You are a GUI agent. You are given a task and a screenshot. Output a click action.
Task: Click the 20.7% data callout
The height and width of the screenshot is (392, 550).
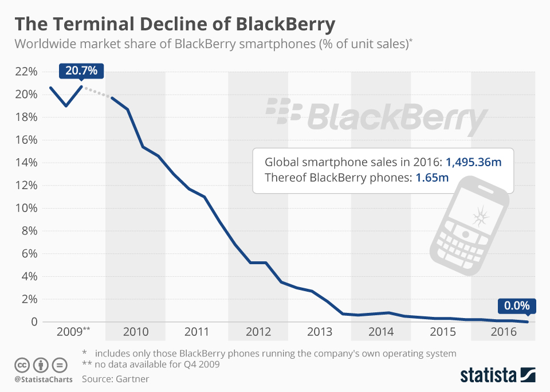(81, 71)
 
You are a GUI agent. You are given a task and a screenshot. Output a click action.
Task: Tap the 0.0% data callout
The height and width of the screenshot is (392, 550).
(517, 305)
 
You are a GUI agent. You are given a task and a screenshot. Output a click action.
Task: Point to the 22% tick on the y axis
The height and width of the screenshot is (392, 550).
(25, 72)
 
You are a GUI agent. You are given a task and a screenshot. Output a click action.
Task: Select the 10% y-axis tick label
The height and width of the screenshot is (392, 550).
(25, 208)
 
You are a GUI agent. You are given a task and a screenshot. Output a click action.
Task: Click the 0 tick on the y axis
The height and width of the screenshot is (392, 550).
(33, 322)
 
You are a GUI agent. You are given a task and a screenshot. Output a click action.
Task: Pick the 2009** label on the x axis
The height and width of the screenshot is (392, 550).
(74, 332)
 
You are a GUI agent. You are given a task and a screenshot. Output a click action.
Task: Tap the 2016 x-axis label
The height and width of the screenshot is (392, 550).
(504, 332)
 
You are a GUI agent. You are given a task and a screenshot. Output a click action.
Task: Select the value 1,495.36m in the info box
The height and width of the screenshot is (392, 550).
(473, 162)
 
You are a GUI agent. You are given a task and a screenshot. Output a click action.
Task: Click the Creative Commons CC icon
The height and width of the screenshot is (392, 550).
(22, 365)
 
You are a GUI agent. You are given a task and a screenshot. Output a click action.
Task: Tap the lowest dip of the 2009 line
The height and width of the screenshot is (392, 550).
(66, 106)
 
